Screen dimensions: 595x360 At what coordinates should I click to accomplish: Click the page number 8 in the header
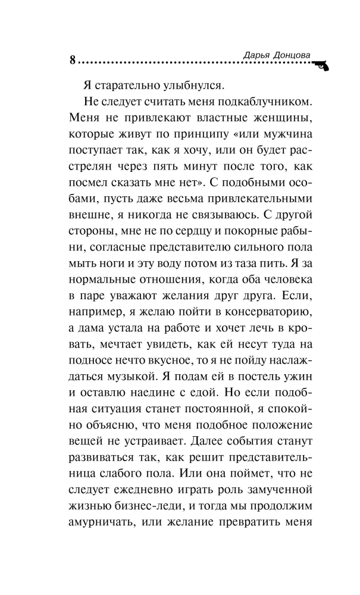tap(73, 60)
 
